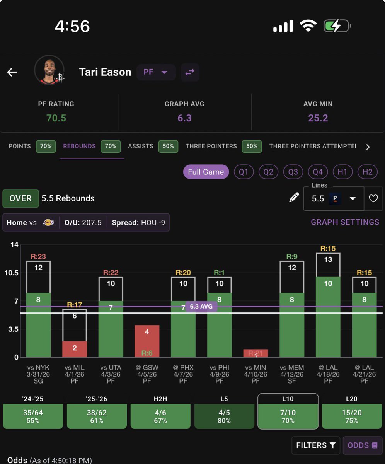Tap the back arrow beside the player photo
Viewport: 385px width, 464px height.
[x=12, y=72]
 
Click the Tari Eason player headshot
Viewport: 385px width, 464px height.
[x=49, y=70]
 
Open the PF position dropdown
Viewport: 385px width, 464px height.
[x=156, y=72]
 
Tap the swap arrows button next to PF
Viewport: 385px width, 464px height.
[x=190, y=72]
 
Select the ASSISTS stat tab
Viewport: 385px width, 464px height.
[x=141, y=146]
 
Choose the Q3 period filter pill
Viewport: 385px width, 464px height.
[x=293, y=172]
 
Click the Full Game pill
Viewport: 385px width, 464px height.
[x=206, y=172]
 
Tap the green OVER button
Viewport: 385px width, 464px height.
[x=20, y=198]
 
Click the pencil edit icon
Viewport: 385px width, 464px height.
[x=294, y=198]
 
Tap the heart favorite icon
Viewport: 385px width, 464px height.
[x=373, y=198]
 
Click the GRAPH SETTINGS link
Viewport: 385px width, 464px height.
[x=345, y=222]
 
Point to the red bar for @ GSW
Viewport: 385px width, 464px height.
[x=147, y=341]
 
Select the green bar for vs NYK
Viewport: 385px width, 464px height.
[x=38, y=325]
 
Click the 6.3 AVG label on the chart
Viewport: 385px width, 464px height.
[x=201, y=307]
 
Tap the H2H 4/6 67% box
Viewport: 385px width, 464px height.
[x=160, y=416]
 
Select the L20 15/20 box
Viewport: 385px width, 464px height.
[x=352, y=416]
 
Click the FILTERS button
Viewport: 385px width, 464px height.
[x=315, y=445]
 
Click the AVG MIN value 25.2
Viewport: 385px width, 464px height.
[x=318, y=118]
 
